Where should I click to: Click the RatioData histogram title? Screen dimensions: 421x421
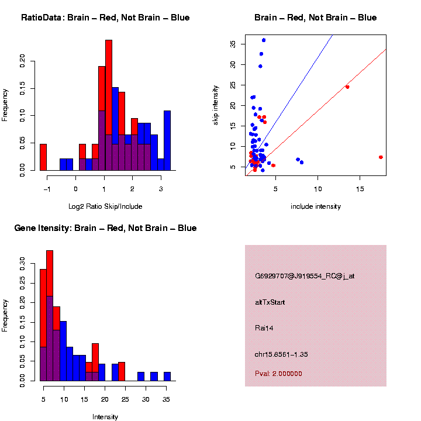point(105,18)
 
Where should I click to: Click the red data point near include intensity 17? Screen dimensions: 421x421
point(381,157)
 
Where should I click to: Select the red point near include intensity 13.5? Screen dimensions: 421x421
point(347,87)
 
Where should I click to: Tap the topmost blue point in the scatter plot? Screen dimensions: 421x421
point(264,40)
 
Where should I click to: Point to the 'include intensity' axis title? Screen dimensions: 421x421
point(316,206)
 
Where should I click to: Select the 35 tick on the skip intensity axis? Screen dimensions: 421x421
point(233,44)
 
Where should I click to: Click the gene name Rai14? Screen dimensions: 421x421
point(264,328)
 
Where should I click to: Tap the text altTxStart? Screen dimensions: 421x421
point(270,302)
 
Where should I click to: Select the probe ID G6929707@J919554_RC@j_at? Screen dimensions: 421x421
point(305,276)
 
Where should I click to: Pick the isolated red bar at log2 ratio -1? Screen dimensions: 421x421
point(43,157)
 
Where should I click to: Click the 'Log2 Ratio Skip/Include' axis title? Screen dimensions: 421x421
point(105,206)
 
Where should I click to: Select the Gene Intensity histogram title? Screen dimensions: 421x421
point(105,228)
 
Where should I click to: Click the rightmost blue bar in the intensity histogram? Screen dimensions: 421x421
point(167,377)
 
